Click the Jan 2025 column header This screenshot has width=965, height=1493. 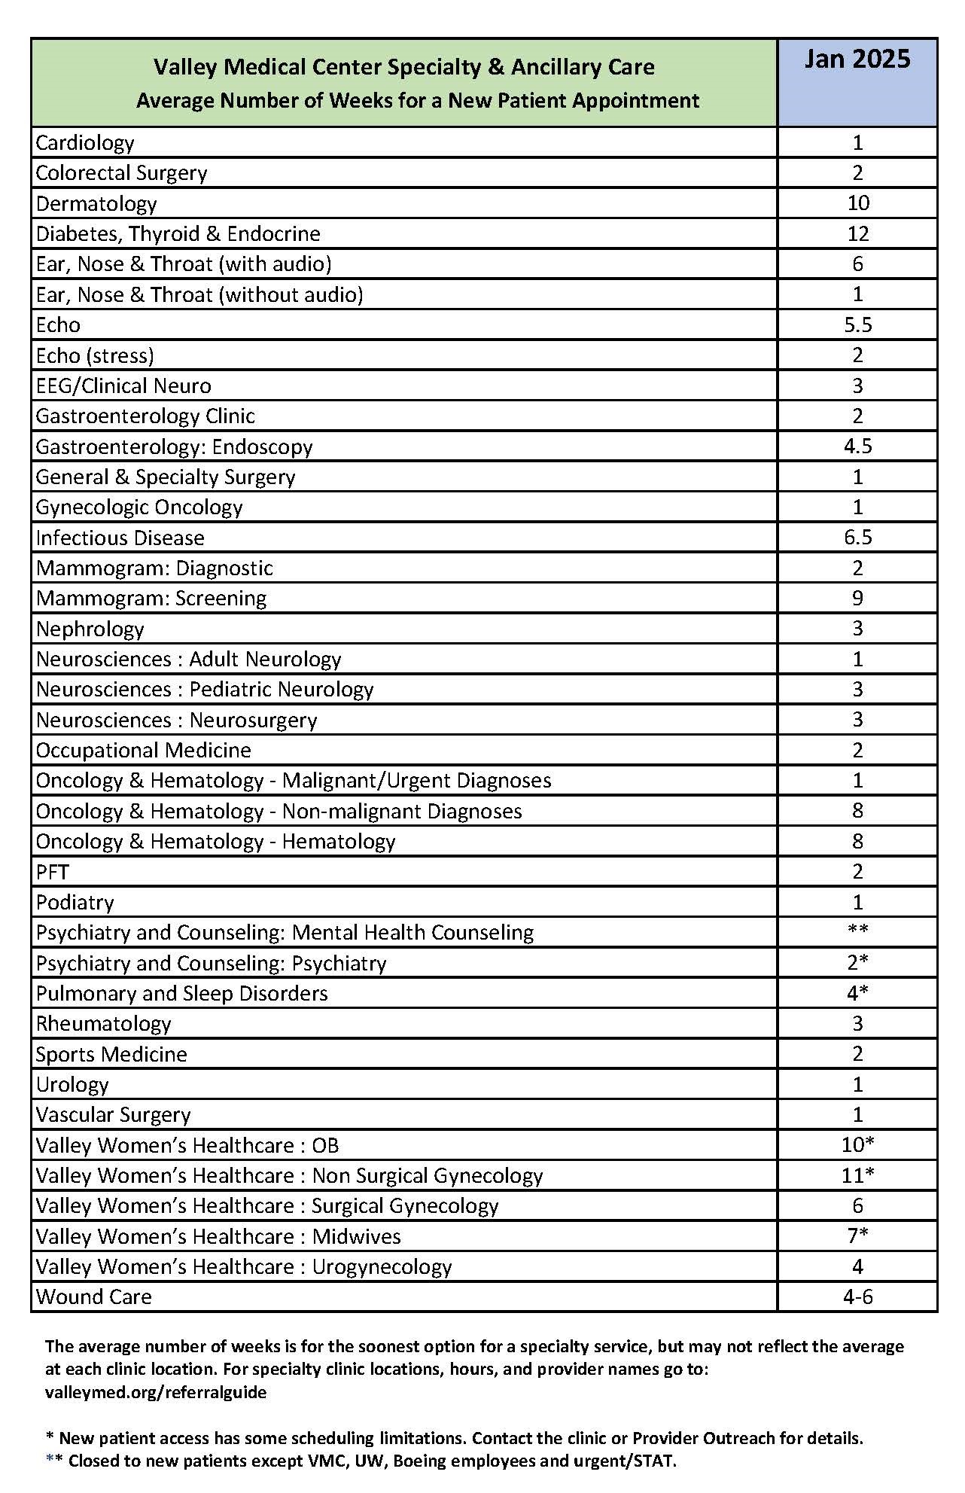(x=857, y=59)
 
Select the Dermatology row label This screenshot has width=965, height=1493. (x=96, y=203)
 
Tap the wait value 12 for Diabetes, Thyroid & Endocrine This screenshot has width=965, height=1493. (x=857, y=233)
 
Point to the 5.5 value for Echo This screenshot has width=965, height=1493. (x=857, y=324)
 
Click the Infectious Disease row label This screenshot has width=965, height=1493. (x=120, y=538)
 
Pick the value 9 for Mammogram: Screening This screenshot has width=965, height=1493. (x=857, y=599)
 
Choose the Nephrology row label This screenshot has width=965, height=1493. (x=90, y=629)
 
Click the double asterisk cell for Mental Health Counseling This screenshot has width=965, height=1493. (x=857, y=931)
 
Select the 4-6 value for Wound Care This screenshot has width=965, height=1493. (x=857, y=1296)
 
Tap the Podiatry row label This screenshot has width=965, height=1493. (x=75, y=902)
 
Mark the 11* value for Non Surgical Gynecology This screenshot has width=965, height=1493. (x=857, y=1175)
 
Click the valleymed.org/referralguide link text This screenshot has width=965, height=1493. (x=156, y=1392)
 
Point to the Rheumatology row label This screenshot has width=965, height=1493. (x=103, y=1024)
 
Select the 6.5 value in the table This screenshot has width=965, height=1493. (x=857, y=538)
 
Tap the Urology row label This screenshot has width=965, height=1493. (x=72, y=1084)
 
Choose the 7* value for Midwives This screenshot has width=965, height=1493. (x=857, y=1236)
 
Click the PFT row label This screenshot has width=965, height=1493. (x=52, y=872)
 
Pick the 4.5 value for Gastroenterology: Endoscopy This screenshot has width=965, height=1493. (x=857, y=446)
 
